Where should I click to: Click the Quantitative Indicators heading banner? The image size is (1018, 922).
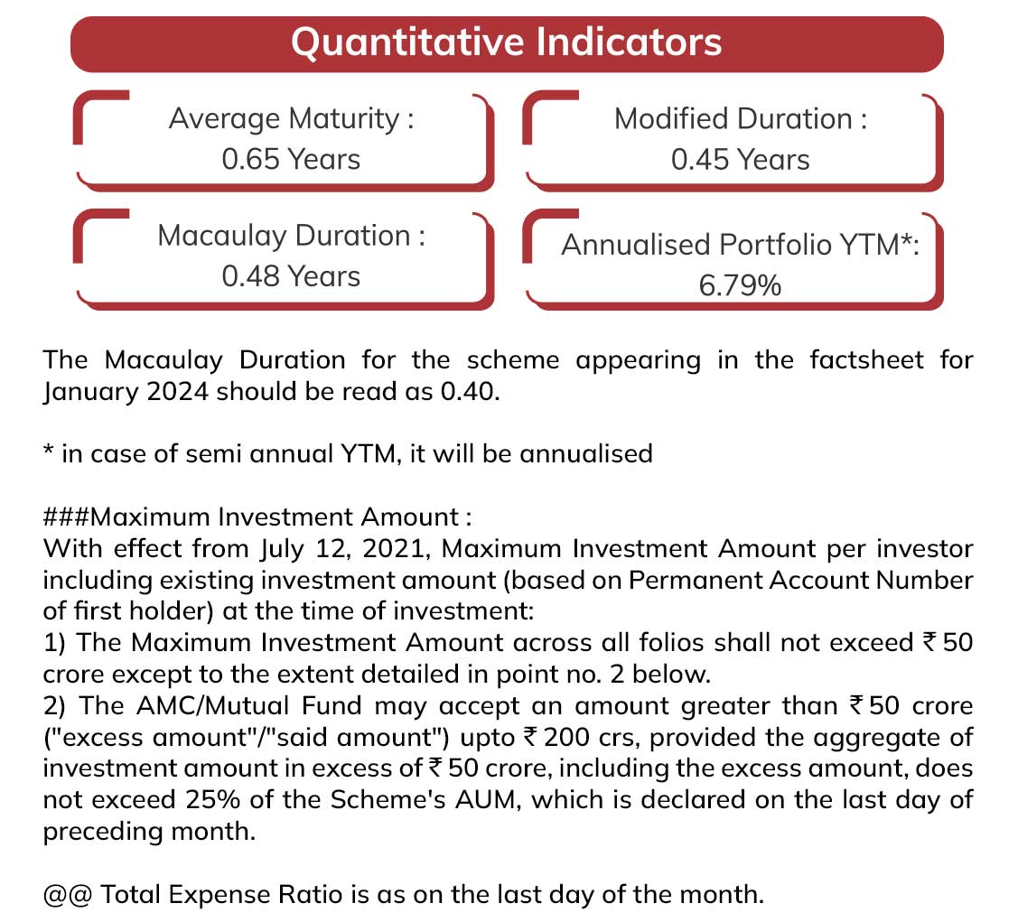coord(507,44)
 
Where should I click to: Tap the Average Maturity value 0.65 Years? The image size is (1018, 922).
coord(291,160)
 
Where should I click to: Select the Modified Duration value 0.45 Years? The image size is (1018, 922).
coord(740,160)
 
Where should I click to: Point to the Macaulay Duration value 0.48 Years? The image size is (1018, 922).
coord(291,276)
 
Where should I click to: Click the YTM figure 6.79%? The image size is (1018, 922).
coord(740,285)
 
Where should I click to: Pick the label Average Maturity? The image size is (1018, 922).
coord(284,119)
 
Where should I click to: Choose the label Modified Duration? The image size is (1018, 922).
coord(733,119)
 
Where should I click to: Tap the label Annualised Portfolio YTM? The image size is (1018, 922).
coord(731,246)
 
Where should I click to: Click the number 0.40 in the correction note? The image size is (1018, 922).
coord(468,392)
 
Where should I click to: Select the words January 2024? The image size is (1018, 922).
coord(126,393)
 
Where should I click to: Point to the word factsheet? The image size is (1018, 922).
coord(866,360)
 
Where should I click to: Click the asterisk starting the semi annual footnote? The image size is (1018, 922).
coord(48,449)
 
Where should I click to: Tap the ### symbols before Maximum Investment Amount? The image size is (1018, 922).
coord(66,517)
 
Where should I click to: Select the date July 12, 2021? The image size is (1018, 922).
coord(344,550)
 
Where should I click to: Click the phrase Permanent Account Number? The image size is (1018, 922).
coord(800,580)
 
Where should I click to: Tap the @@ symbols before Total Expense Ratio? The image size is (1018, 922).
coord(67,895)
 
